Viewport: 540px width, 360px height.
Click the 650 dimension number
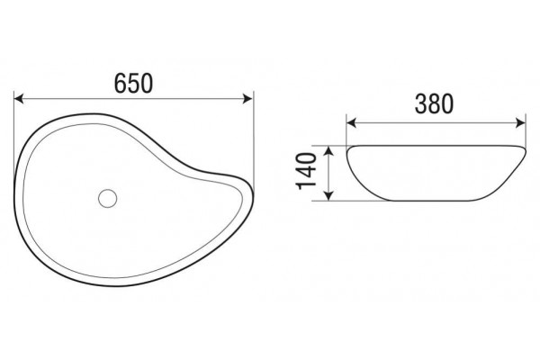pyautogui.click(x=133, y=84)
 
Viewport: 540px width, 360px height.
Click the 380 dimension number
pyautogui.click(x=434, y=104)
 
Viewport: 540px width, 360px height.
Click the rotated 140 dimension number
pyautogui.click(x=306, y=171)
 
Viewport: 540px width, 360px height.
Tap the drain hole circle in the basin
pyautogui.click(x=107, y=198)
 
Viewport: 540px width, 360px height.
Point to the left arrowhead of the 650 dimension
pyautogui.click(x=18, y=99)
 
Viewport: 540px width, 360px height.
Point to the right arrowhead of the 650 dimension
pyautogui.click(x=248, y=99)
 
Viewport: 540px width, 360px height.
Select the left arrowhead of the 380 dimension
pyautogui.click(x=351, y=122)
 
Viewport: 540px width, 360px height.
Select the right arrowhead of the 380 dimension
pyautogui.click(x=521, y=122)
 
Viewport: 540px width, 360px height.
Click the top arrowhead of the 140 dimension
pyautogui.click(x=329, y=150)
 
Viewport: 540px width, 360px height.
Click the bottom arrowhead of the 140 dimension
pyautogui.click(x=329, y=195)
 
